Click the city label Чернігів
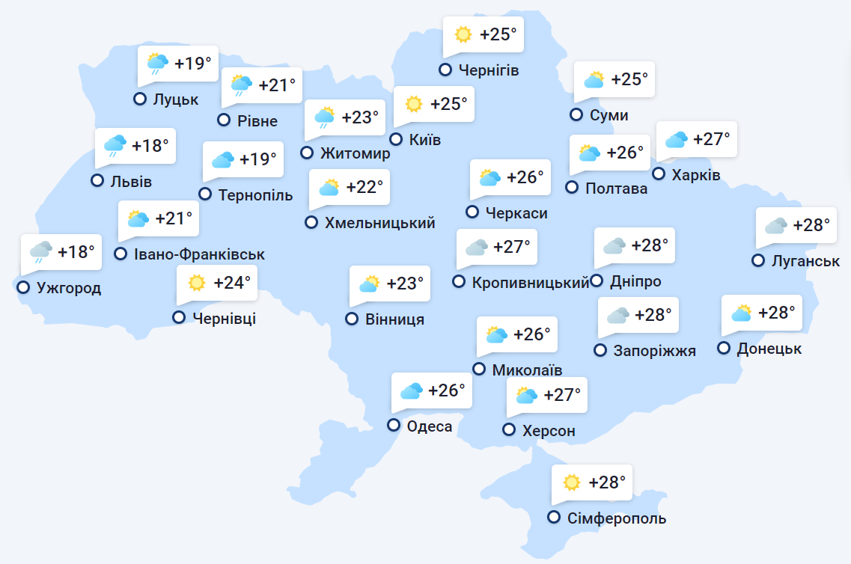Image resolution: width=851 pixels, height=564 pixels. pos(489,70)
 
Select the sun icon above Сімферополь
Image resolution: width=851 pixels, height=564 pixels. pos(572,482)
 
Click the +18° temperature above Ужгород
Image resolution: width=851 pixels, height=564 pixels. pos(77,252)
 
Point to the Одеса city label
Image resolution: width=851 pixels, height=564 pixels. pos(430,426)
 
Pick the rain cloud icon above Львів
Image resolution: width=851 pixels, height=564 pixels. pos(115,145)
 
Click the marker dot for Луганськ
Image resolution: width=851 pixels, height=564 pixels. pos(758,261)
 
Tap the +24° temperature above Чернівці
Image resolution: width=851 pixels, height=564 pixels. pos(232,283)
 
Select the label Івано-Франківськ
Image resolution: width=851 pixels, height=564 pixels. pos(199,254)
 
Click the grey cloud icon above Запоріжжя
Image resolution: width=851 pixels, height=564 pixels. pos(617,315)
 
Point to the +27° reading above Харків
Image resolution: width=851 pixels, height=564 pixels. pos(711,139)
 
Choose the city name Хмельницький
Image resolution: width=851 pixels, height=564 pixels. pos(380,222)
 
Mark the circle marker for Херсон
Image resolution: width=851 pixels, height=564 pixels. pos(509,429)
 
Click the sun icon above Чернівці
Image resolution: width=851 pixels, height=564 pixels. pos(197,283)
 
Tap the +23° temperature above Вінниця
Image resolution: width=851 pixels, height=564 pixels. pos(405,283)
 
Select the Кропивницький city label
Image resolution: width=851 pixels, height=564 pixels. pos(531,282)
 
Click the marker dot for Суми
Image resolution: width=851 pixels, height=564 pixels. pos(576,114)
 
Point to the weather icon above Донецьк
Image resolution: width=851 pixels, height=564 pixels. pos(741,313)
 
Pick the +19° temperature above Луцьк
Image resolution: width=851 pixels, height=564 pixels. pos(193,64)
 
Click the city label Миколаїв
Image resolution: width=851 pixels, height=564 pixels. pos(527,370)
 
